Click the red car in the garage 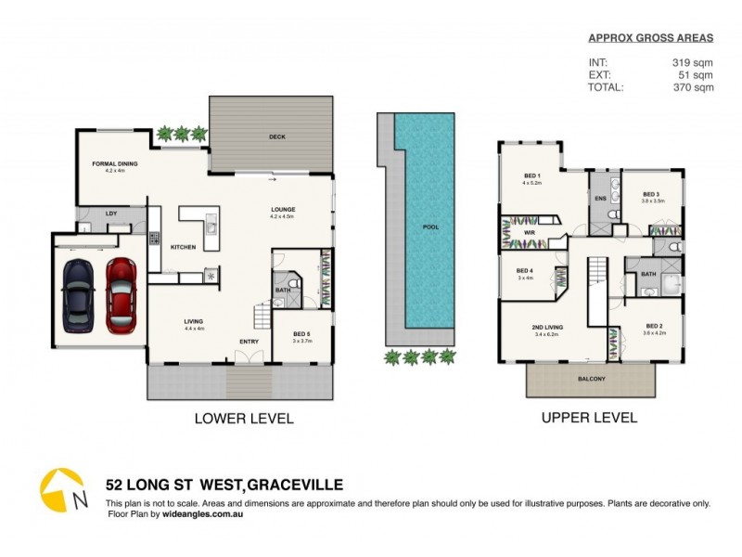click(x=121, y=295)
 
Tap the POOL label click(x=430, y=227)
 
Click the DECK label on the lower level click(x=276, y=136)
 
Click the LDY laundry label click(x=111, y=214)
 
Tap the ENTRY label click(x=249, y=342)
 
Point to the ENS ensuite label click(x=600, y=199)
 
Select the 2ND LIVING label click(x=544, y=328)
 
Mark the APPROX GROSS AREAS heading click(x=651, y=38)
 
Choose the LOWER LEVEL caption click(x=243, y=419)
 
